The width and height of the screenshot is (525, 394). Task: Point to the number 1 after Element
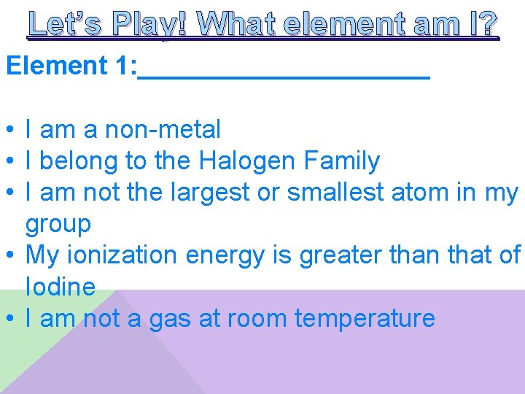[122, 66]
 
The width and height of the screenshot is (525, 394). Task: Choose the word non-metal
[163, 130]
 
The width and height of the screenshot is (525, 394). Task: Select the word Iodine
[61, 287]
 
